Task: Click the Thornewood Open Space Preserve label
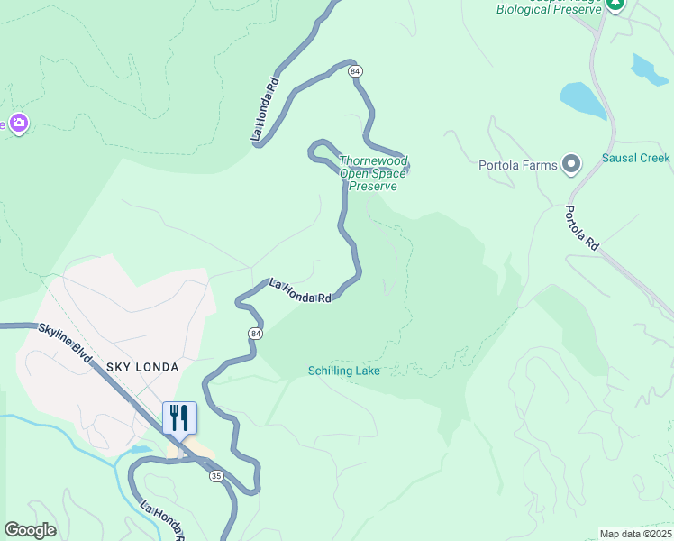tap(372, 174)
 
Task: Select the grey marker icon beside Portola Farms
tap(570, 164)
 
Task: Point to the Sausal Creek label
tap(635, 158)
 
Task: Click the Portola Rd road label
tap(582, 228)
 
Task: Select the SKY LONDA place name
tap(142, 368)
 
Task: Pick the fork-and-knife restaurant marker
tap(179, 418)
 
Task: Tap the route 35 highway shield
tap(214, 474)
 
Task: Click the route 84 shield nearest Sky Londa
tap(256, 334)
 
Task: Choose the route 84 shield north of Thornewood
tap(357, 70)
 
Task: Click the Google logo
tap(30, 530)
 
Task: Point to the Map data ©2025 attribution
tap(635, 534)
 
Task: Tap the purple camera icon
tap(18, 124)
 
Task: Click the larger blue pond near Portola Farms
tap(583, 100)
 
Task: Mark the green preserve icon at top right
tap(615, 4)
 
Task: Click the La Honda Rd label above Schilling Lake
tap(301, 290)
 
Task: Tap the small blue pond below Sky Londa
tap(141, 448)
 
